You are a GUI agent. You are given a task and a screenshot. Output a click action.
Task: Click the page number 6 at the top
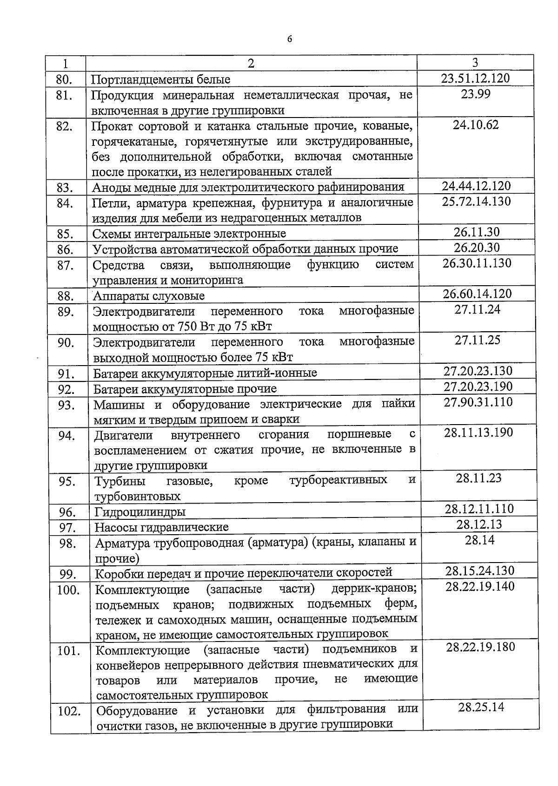[x=290, y=39]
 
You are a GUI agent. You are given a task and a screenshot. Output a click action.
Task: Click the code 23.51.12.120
[x=475, y=78]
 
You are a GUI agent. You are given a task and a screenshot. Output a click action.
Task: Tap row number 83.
[x=66, y=188]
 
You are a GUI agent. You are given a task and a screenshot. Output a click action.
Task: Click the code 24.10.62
[x=475, y=125]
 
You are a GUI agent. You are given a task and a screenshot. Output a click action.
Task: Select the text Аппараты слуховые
[x=149, y=296]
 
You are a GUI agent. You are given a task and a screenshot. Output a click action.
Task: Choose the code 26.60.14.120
[x=477, y=294]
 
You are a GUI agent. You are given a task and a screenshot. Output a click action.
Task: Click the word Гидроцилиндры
[x=140, y=512]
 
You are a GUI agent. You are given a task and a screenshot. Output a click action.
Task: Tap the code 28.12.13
[x=479, y=524]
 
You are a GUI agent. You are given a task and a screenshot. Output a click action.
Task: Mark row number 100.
[x=68, y=590]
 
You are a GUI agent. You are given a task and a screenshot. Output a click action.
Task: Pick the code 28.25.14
[x=481, y=707]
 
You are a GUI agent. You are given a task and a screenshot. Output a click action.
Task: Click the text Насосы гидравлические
[x=162, y=527]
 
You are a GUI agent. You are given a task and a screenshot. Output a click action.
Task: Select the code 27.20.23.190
[x=478, y=386]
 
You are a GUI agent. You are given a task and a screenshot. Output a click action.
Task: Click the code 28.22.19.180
[x=480, y=647]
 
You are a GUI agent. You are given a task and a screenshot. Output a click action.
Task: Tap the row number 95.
[x=67, y=482]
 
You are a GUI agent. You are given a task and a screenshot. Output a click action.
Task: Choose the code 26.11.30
[x=477, y=232]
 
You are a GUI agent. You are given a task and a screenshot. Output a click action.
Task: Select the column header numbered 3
[x=475, y=63]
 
